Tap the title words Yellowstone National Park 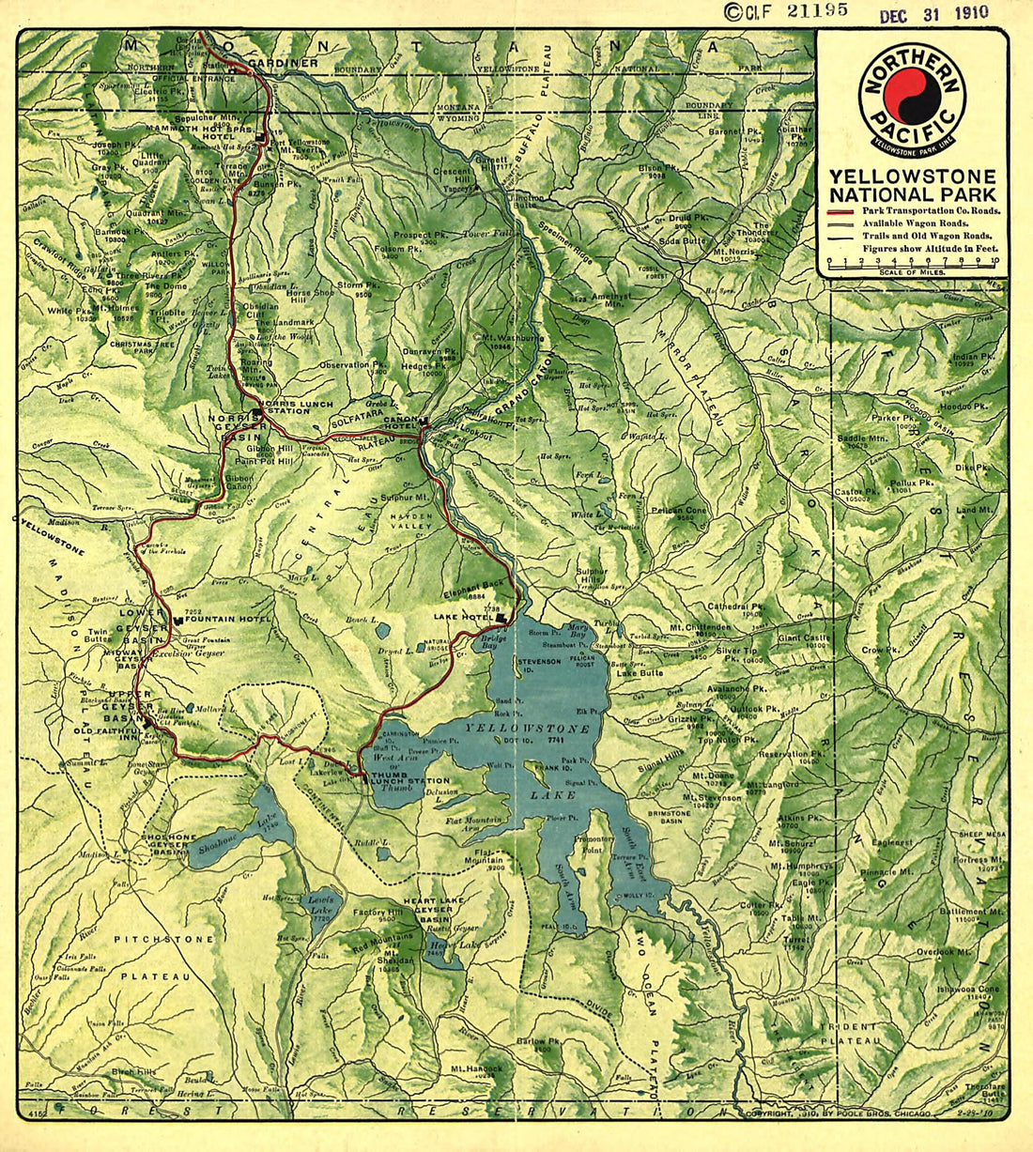click(911, 185)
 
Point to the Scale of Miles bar click(912, 263)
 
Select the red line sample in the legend click(842, 212)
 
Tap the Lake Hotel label click(463, 617)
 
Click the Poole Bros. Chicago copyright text click(836, 1114)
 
